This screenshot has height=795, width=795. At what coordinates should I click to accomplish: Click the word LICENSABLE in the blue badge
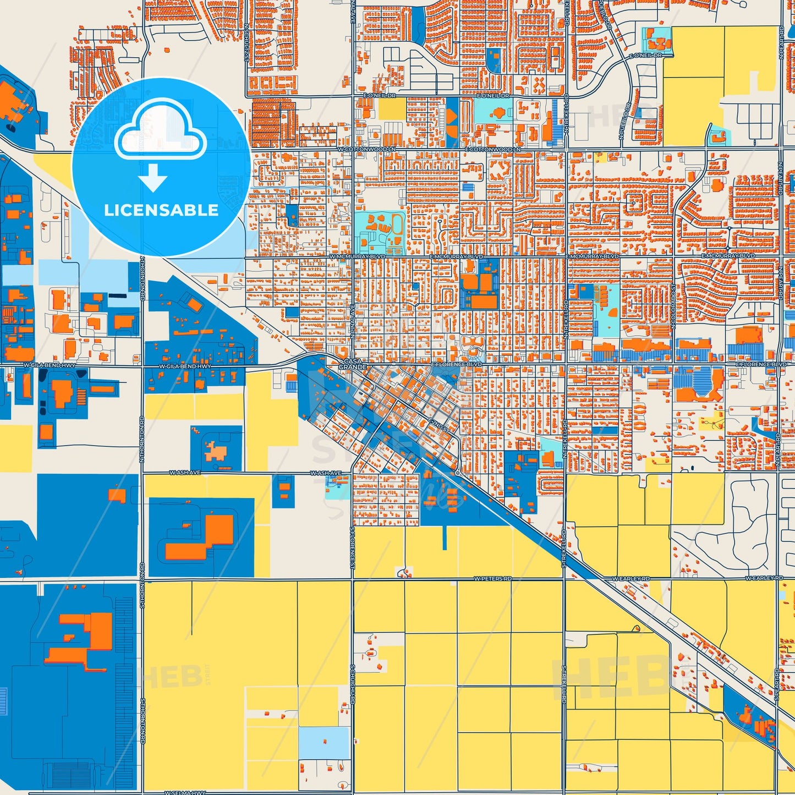pyautogui.click(x=161, y=210)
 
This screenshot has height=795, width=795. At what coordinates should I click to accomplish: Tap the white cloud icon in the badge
pyautogui.click(x=160, y=131)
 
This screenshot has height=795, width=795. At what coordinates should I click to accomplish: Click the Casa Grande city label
pyautogui.click(x=353, y=364)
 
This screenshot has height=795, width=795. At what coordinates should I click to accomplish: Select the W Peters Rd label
pyautogui.click(x=492, y=579)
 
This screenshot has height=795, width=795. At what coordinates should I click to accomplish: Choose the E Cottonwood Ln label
pyautogui.click(x=492, y=149)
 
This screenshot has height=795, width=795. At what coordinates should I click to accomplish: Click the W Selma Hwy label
pyautogui.click(x=187, y=792)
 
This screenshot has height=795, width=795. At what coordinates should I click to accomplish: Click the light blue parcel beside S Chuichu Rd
pyautogui.click(x=324, y=742)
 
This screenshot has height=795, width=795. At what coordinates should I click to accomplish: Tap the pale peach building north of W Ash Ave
pyautogui.click(x=215, y=451)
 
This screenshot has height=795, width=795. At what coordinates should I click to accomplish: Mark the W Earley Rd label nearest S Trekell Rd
pyautogui.click(x=631, y=579)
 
